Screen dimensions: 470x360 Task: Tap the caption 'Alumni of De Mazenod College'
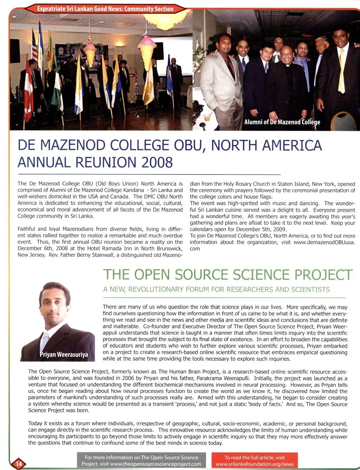coord(282,122)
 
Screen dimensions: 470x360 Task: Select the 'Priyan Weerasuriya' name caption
coord(64,354)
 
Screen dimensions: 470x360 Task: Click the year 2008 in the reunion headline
coord(157,163)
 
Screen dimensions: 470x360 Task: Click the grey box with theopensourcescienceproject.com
coord(141,461)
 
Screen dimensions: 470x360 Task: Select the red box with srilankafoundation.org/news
coord(255,461)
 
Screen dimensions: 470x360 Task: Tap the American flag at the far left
coord(34,46)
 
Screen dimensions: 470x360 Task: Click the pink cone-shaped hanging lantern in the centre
coord(147,51)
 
